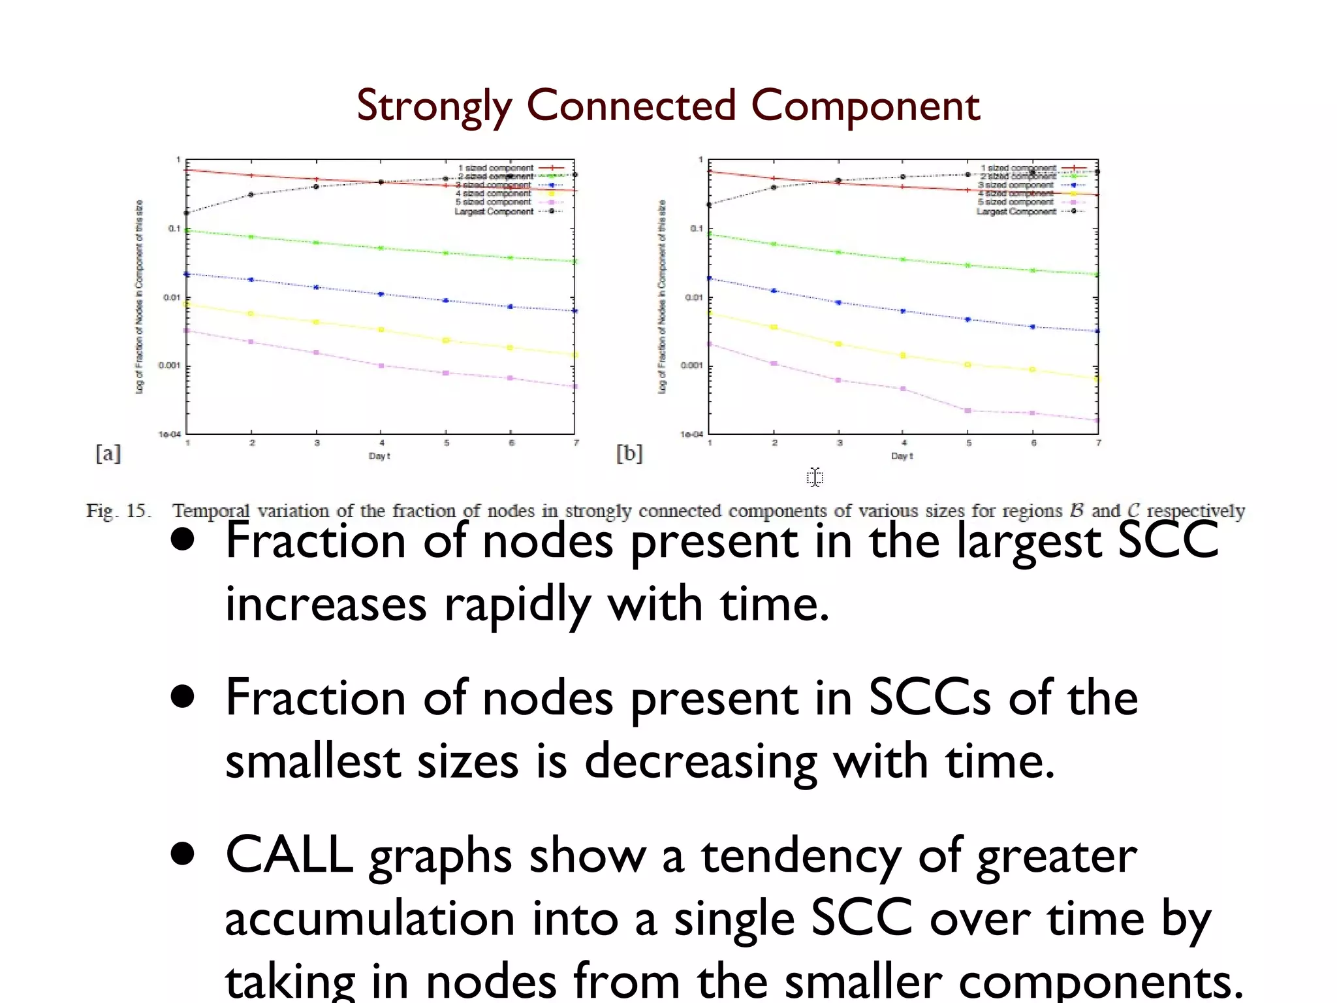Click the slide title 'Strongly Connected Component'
pyautogui.click(x=668, y=106)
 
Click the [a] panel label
pyautogui.click(x=108, y=453)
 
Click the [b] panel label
pyautogui.click(x=629, y=453)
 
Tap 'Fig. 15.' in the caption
pyautogui.click(x=118, y=511)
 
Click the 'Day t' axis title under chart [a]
pyautogui.click(x=379, y=456)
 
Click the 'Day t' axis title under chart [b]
pyautogui.click(x=902, y=456)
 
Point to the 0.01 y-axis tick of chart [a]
pyautogui.click(x=172, y=298)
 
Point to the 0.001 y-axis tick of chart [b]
pyautogui.click(x=692, y=366)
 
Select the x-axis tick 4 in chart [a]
pyautogui.click(x=382, y=443)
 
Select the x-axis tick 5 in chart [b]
pyautogui.click(x=969, y=443)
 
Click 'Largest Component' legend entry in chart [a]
pyautogui.click(x=494, y=211)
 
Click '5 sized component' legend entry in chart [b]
pyautogui.click(x=1016, y=202)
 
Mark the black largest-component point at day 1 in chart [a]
pyautogui.click(x=187, y=213)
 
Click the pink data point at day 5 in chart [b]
pyautogui.click(x=968, y=410)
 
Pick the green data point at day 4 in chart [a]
pyautogui.click(x=381, y=248)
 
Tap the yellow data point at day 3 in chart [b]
pyautogui.click(x=839, y=343)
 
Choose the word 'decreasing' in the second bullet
pyautogui.click(x=700, y=761)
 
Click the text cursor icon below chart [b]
pyautogui.click(x=815, y=477)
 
